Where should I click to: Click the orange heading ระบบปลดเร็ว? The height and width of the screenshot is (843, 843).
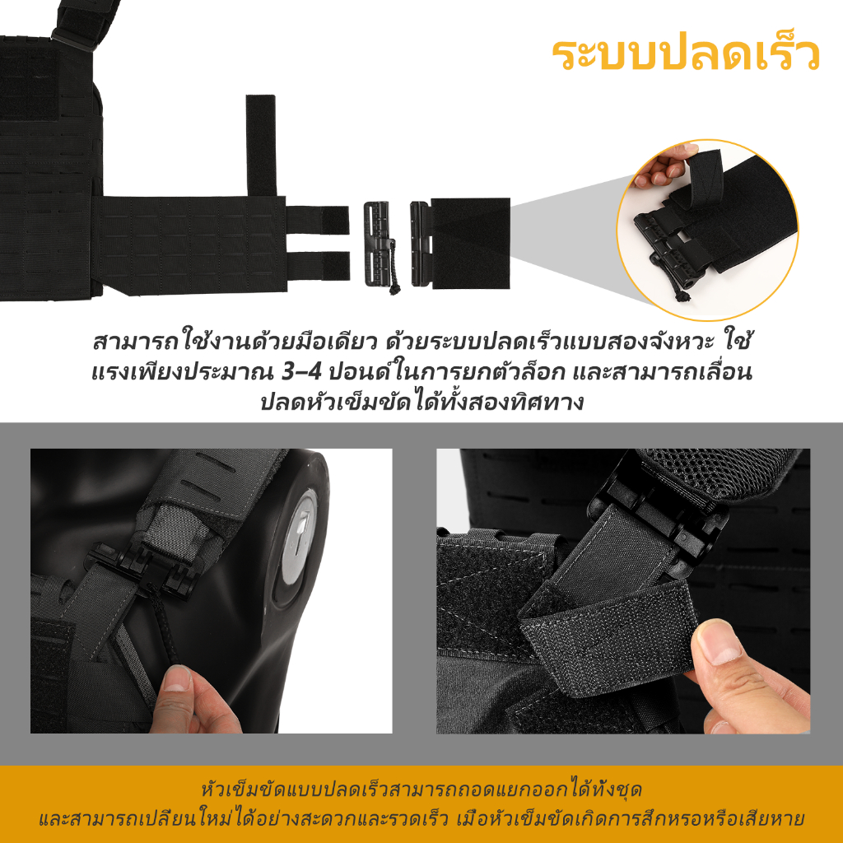pos(686,54)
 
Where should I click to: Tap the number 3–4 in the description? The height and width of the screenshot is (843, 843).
pos(301,372)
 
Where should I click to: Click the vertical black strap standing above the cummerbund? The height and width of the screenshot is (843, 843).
pos(261,145)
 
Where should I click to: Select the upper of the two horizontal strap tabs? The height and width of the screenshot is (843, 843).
pos(318,220)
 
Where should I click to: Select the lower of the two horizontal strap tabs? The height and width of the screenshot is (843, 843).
pos(318,266)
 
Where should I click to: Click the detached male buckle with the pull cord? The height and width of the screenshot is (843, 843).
pos(379,245)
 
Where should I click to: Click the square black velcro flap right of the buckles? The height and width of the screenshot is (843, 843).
pos(470,244)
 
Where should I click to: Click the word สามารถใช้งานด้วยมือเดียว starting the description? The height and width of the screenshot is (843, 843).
pos(235,342)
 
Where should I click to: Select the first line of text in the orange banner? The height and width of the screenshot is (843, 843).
pos(421,789)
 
